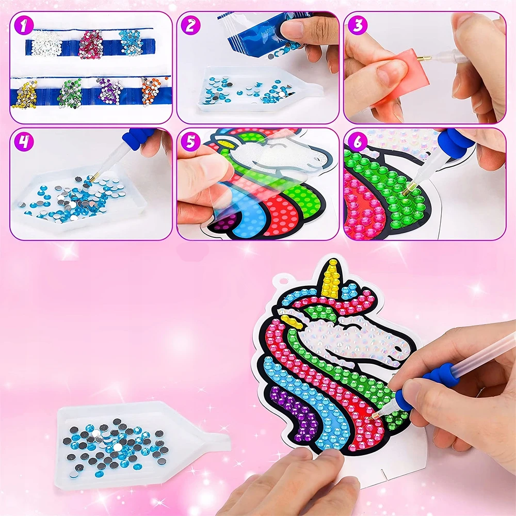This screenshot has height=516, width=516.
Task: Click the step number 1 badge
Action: [x=24, y=26]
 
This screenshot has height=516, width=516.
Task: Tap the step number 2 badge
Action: [x=190, y=26]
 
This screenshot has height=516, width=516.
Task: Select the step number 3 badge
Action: [x=358, y=26]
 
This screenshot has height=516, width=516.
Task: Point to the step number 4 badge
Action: [x=24, y=142]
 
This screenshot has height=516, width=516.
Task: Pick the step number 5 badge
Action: [x=190, y=142]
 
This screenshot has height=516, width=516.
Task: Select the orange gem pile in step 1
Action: [x=152, y=91]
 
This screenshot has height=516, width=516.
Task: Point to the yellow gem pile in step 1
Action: [x=25, y=94]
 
